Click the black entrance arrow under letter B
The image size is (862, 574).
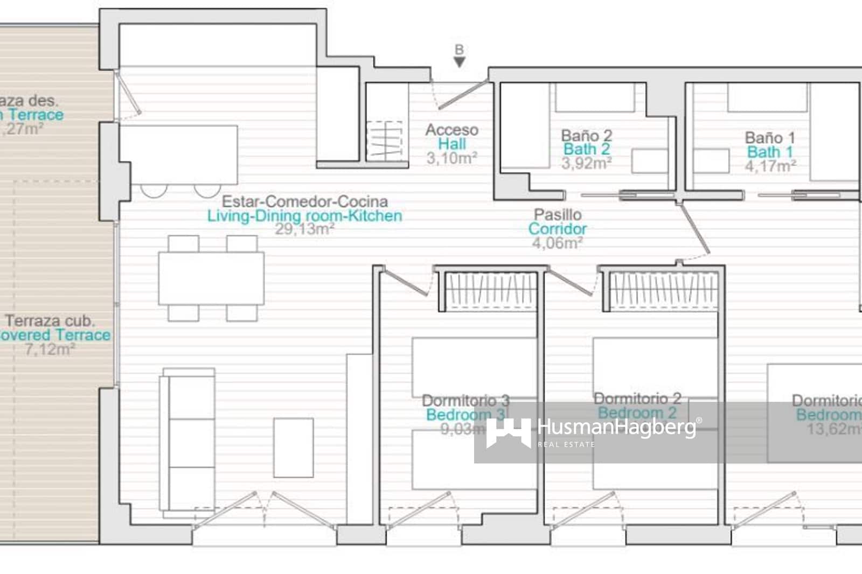pyautogui.click(x=459, y=62)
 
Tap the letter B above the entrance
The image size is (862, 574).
pyautogui.click(x=459, y=50)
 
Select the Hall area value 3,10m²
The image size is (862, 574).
pyautogui.click(x=451, y=158)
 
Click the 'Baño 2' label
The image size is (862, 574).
pyautogui.click(x=586, y=135)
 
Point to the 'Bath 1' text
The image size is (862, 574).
pyautogui.click(x=770, y=152)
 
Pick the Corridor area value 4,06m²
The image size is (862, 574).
pyautogui.click(x=557, y=243)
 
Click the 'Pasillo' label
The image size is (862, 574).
pyautogui.click(x=558, y=214)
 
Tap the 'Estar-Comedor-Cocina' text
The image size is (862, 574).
pyautogui.click(x=305, y=201)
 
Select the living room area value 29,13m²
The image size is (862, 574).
pyautogui.click(x=305, y=229)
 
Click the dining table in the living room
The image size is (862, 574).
pyautogui.click(x=211, y=278)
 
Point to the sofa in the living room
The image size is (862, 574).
pyautogui.click(x=189, y=442)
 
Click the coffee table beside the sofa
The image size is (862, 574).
pyautogui.click(x=294, y=447)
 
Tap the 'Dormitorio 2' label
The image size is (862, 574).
pyautogui.click(x=637, y=398)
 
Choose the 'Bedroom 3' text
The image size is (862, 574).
pyautogui.click(x=465, y=415)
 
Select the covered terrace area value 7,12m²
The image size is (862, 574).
pyautogui.click(x=50, y=349)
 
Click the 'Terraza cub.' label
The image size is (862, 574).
pyautogui.click(x=50, y=321)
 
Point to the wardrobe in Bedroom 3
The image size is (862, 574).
pyautogui.click(x=490, y=291)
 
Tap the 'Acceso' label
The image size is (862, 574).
pyautogui.click(x=451, y=130)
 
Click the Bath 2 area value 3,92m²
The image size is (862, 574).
pyautogui.click(x=586, y=163)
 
